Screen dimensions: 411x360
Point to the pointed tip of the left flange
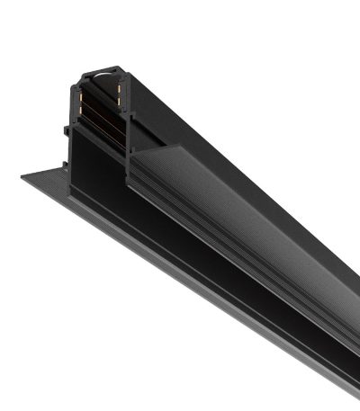22,175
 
